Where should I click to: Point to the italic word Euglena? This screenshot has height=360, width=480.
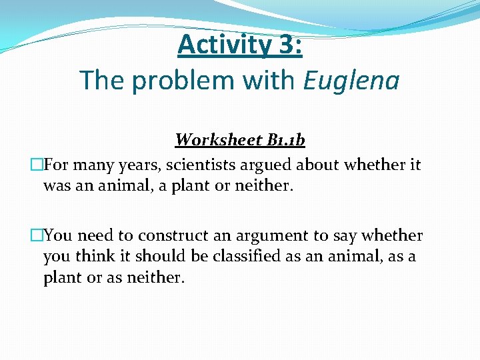click(x=351, y=81)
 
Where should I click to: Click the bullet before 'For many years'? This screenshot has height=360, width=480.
click(x=37, y=164)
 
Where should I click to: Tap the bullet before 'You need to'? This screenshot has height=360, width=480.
click(x=37, y=235)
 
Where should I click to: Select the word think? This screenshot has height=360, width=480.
click(x=92, y=257)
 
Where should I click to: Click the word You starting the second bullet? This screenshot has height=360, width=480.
click(x=57, y=235)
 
